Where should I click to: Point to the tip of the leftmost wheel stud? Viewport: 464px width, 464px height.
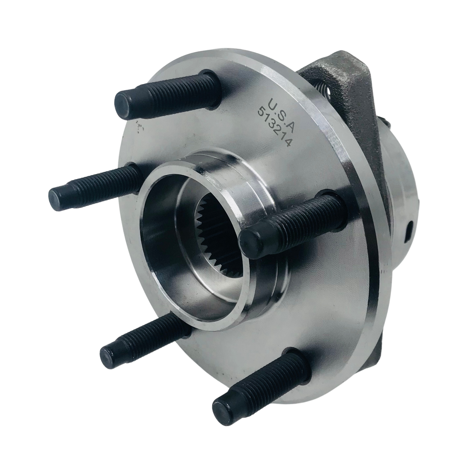58,196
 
